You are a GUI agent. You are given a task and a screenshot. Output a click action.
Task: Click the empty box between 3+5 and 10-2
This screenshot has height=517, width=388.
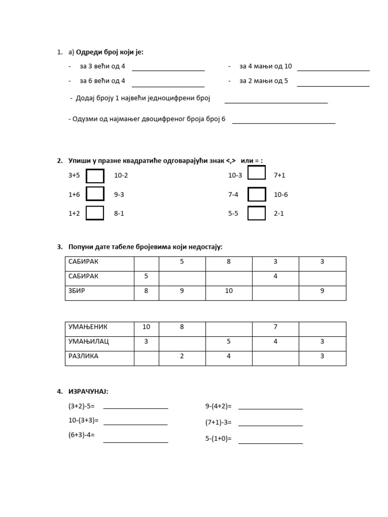tap(95, 176)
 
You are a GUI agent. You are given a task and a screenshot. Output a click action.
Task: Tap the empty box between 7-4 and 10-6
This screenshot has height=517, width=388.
tap(257, 194)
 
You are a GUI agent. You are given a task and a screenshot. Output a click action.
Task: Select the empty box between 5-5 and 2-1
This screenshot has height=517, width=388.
tap(257, 214)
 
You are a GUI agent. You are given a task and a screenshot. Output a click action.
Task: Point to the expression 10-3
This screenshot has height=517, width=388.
tap(235, 176)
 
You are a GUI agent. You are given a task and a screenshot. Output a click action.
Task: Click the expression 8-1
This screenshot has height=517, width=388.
tap(119, 214)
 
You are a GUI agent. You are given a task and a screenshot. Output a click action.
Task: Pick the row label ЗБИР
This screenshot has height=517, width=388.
tap(77, 291)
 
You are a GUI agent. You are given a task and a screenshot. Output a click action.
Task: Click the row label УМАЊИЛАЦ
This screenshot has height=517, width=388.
tap(88, 341)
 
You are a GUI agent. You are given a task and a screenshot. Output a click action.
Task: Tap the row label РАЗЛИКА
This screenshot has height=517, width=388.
tap(83, 356)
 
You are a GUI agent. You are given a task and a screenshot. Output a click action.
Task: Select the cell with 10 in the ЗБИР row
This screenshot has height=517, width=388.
tap(229, 291)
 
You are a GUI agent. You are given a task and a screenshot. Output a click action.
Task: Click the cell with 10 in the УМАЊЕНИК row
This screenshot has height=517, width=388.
tap(146, 327)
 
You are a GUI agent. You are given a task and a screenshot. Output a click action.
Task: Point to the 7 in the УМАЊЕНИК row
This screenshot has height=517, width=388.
tap(275, 327)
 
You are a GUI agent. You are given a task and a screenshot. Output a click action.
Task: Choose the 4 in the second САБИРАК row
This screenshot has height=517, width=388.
tap(275, 276)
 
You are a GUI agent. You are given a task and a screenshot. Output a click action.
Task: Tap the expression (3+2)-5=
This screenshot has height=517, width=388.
tap(81, 406)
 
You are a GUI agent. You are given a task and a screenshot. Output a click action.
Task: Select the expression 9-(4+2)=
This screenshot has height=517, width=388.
tap(218, 406)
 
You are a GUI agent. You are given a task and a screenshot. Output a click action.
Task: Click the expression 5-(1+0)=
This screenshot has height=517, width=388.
tap(218, 439)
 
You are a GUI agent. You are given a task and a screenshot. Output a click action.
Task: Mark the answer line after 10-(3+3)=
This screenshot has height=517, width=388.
tap(135, 424)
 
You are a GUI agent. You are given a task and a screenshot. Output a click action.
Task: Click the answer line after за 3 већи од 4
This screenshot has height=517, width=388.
tap(168, 70)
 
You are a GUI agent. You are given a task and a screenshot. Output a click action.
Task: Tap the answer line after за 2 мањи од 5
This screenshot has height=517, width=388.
tap(333, 85)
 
